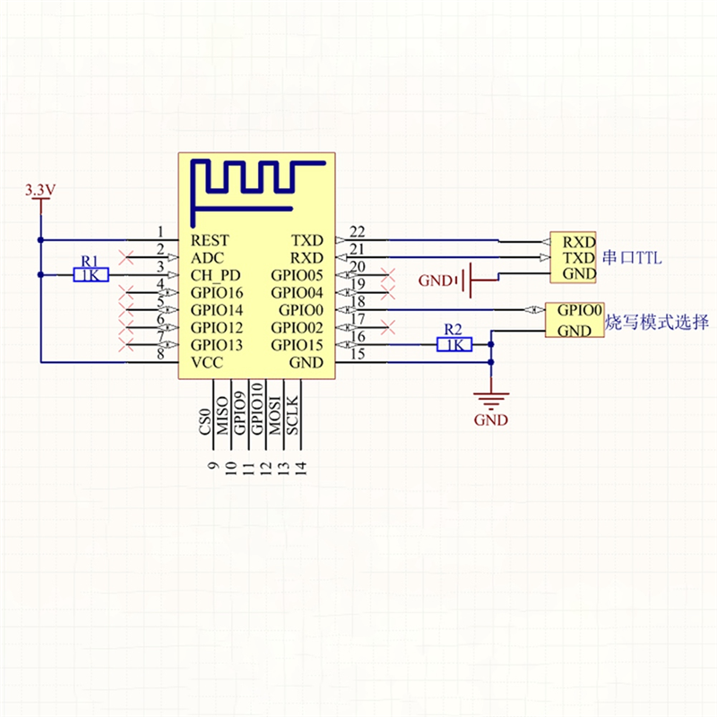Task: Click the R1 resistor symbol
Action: click(91, 275)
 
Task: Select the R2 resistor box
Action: click(454, 344)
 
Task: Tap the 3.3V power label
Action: click(40, 190)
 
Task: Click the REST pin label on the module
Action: click(210, 240)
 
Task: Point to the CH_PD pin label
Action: click(215, 275)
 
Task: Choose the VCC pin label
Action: click(206, 362)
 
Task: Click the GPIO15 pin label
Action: click(297, 345)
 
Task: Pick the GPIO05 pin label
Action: click(297, 275)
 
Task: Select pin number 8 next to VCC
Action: click(160, 355)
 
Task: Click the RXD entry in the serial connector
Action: click(579, 241)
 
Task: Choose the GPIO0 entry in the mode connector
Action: click(579, 310)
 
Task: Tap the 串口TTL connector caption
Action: click(633, 258)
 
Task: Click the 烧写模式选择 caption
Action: click(657, 322)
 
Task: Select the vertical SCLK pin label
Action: click(292, 414)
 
